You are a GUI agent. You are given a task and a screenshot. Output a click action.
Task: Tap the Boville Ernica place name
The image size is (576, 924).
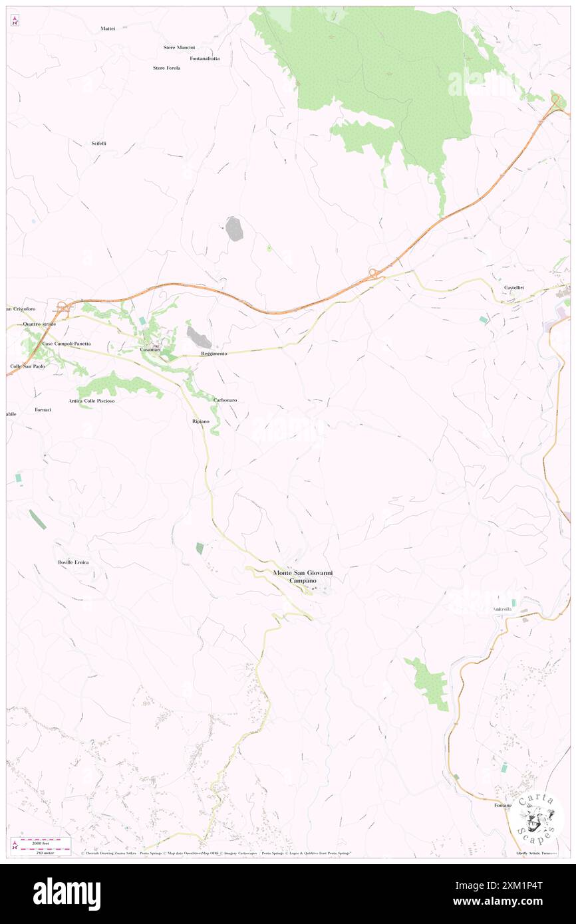(74, 562)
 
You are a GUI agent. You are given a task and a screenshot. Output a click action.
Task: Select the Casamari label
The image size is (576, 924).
(150, 349)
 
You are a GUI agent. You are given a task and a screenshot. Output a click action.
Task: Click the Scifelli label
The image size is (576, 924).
(98, 144)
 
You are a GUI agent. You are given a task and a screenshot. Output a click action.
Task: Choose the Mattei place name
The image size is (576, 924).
(108, 28)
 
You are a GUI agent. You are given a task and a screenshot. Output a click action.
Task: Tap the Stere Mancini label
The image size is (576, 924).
(179, 47)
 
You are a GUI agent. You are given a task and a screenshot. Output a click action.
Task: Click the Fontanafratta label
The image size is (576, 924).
(204, 58)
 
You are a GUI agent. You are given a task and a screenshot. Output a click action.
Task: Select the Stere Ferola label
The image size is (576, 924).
(166, 68)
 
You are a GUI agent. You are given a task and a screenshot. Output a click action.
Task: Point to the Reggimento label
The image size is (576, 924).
(214, 354)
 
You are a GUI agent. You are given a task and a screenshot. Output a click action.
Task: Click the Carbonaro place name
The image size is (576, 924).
(225, 400)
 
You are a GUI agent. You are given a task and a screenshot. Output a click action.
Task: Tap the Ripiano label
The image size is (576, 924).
(200, 421)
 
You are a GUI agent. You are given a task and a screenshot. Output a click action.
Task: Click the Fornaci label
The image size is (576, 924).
(43, 409)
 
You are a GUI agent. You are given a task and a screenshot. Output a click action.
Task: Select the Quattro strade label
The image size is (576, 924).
(39, 324)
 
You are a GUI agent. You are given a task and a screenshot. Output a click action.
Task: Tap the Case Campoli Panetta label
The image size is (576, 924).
(67, 343)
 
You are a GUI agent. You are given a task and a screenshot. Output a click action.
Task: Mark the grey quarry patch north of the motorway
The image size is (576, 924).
(233, 229)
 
